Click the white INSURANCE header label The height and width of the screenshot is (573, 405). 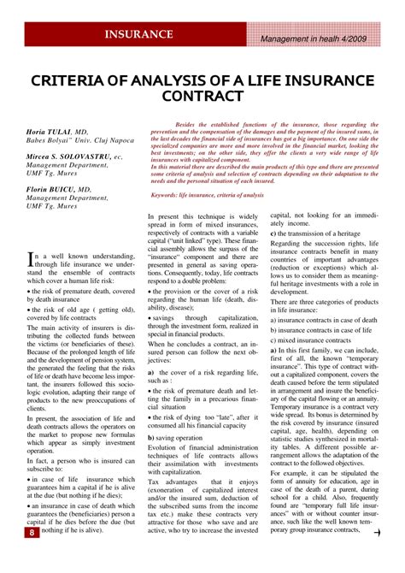click(138, 35)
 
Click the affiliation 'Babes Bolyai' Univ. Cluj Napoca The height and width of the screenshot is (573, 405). click(79, 141)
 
